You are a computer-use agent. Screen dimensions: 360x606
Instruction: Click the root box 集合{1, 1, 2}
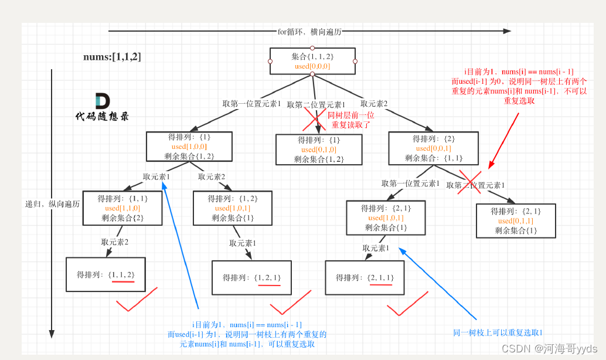click(x=312, y=61)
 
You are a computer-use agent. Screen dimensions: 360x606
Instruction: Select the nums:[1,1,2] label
click(x=112, y=57)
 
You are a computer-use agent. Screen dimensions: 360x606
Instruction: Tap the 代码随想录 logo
click(x=103, y=107)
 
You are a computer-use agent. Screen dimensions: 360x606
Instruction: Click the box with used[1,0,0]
click(x=189, y=147)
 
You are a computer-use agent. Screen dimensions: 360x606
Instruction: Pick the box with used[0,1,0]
click(x=319, y=150)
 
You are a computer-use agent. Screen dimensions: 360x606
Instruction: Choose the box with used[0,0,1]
click(x=433, y=148)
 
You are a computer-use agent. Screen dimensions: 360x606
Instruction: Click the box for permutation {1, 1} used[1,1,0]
click(x=122, y=208)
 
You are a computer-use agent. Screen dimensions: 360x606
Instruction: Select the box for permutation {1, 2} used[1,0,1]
click(x=232, y=208)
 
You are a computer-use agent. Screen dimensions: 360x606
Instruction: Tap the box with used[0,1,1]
click(x=516, y=220)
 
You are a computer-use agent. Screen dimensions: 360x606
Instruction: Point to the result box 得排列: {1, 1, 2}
click(x=105, y=274)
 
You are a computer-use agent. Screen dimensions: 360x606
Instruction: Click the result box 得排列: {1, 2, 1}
click(x=251, y=277)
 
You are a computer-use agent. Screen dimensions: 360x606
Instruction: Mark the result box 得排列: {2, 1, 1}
click(x=365, y=277)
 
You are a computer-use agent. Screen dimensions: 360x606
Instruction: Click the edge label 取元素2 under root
click(x=374, y=104)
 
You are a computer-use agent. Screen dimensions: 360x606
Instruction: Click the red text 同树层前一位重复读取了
click(x=351, y=120)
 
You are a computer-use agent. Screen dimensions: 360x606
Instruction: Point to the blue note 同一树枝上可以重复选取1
click(x=498, y=332)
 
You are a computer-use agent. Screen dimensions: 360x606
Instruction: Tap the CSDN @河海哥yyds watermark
click(x=549, y=348)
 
